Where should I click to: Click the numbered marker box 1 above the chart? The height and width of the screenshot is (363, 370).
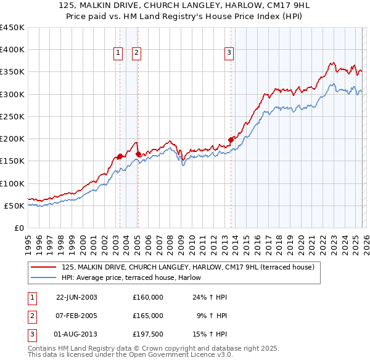pyautogui.click(x=117, y=54)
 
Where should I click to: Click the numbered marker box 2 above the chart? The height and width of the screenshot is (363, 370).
pyautogui.click(x=136, y=54)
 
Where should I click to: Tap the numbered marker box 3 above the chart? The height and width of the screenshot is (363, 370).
pyautogui.click(x=229, y=54)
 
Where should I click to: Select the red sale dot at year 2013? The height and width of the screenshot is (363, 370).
pyautogui.click(x=231, y=140)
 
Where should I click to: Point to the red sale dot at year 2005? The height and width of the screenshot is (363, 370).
pyautogui.click(x=138, y=154)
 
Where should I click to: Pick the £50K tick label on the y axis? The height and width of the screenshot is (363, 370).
pyautogui.click(x=14, y=205)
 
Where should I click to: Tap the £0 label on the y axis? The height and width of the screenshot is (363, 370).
pyautogui.click(x=19, y=228)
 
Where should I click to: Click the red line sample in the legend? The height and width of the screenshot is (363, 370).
pyautogui.click(x=43, y=267)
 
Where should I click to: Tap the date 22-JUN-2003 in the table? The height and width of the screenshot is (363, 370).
pyautogui.click(x=76, y=297)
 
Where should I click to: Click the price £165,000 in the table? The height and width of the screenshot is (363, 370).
pyautogui.click(x=148, y=315)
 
